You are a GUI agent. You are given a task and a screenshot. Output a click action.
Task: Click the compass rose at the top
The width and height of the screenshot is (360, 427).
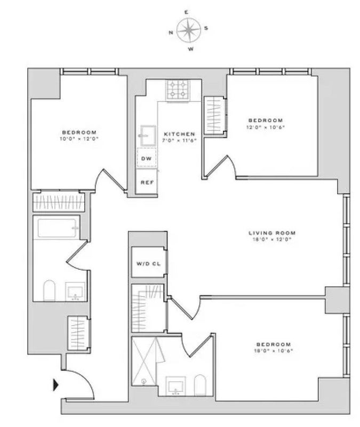click(189, 30)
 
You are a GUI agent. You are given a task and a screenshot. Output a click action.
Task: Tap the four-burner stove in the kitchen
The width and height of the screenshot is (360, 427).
click(178, 90)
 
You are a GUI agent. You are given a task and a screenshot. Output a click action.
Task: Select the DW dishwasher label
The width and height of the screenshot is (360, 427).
click(146, 159)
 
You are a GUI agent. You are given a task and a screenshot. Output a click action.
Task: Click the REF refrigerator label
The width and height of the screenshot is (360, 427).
click(147, 182)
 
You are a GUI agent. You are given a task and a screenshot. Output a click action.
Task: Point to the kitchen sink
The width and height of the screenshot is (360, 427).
click(148, 136)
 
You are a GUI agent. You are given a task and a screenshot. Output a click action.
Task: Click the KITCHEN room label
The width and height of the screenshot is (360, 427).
click(180, 134)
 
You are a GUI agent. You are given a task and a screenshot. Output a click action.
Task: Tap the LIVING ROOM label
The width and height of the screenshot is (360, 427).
click(272, 233)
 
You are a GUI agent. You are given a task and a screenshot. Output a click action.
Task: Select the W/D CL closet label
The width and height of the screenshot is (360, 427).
click(149, 264)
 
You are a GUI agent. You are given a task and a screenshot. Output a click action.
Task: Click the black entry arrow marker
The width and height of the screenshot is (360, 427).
click(56, 385)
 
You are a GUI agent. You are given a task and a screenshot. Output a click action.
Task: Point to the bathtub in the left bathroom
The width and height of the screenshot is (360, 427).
click(57, 228)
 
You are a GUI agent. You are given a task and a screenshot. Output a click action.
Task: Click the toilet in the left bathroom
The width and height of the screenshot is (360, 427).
click(49, 290)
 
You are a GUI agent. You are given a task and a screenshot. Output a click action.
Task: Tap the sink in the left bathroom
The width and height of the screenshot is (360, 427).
click(75, 291)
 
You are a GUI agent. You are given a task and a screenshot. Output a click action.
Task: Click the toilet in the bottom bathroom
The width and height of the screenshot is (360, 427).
click(200, 385)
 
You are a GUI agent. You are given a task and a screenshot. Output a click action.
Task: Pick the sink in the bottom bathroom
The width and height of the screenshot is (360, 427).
click(176, 386)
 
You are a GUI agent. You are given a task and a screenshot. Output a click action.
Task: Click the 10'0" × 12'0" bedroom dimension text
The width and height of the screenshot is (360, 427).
click(79, 139)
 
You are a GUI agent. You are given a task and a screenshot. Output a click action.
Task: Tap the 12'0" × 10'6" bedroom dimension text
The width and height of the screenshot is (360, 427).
click(266, 127)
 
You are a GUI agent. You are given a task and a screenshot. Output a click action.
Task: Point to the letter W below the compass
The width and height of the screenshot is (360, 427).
click(191, 49)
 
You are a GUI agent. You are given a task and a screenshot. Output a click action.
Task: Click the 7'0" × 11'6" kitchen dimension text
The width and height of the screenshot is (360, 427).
click(180, 140)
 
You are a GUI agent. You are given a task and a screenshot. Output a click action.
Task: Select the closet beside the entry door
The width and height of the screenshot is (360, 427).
click(78, 334)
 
